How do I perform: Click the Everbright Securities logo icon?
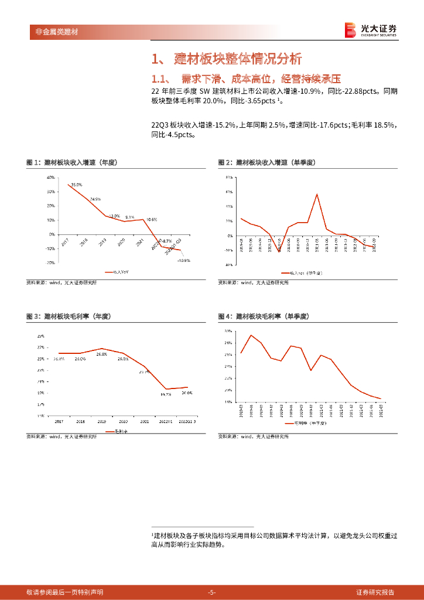click(350, 30)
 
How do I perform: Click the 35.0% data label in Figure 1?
click(76, 185)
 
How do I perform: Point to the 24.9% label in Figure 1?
click(95, 199)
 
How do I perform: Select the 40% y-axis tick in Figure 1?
click(51, 177)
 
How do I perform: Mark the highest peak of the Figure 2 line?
click(317, 194)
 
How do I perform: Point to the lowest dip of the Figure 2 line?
click(279, 251)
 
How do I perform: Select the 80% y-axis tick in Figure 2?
click(229, 177)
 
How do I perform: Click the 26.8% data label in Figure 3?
click(102, 354)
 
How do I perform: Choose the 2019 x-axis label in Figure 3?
click(102, 421)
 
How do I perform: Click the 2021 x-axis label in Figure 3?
click(144, 421)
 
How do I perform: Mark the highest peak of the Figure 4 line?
click(251, 335)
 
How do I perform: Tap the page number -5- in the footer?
click(212, 592)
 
